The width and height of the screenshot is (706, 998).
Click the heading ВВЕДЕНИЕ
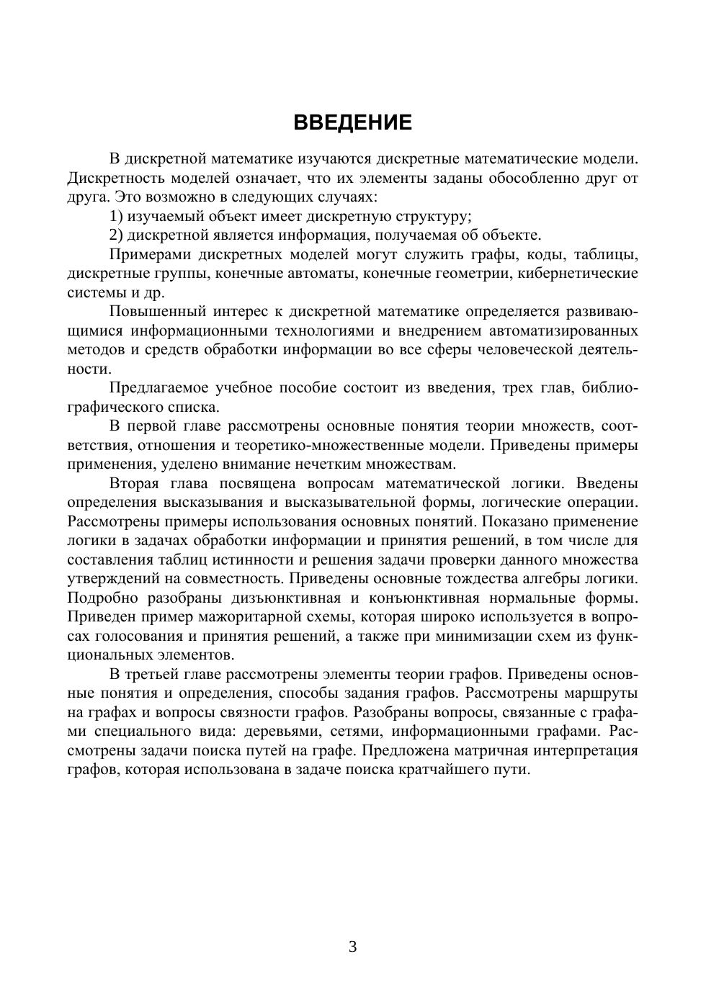(x=352, y=122)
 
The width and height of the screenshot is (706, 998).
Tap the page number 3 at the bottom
(x=352, y=946)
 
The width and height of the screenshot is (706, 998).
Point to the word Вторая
(x=134, y=483)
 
